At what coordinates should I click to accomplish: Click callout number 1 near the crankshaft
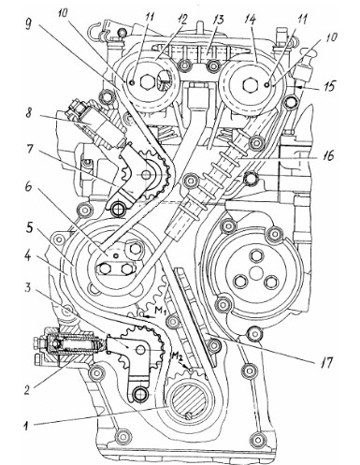(x=27, y=426)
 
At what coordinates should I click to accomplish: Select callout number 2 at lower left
(x=28, y=389)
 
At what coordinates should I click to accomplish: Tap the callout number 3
(x=28, y=288)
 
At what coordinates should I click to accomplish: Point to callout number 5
(x=29, y=227)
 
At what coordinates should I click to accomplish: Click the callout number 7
(x=29, y=149)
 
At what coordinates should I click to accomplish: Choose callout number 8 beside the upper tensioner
(x=29, y=113)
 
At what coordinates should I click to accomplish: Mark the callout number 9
(x=28, y=25)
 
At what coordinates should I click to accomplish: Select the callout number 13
(x=218, y=20)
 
